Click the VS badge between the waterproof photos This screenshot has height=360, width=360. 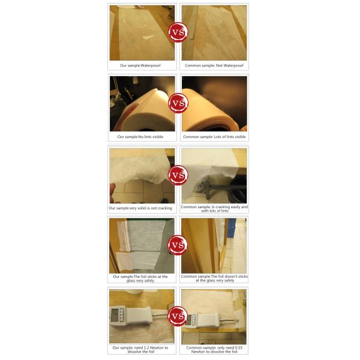coord(178,32)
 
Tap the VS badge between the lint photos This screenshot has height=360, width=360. coord(178,103)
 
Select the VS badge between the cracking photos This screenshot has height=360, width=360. coord(178,175)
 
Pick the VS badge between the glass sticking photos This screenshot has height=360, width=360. coord(178,245)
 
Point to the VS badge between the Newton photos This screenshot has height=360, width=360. coord(178,316)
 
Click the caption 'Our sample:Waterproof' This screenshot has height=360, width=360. coord(140,65)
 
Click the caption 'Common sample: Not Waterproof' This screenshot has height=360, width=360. coord(214,65)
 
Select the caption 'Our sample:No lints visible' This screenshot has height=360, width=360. coord(140,137)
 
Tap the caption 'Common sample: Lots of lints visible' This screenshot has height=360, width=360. coord(214,137)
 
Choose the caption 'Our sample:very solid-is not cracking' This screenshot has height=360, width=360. coord(140,208)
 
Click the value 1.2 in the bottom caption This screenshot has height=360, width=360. coord(146,347)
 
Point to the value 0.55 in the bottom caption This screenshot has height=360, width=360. coord(238,347)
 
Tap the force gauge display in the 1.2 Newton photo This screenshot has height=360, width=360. coord(115,315)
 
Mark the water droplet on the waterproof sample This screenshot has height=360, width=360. coord(148,37)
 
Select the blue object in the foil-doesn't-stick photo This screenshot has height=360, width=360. coord(232,227)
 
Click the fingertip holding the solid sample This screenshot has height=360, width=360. coord(112,193)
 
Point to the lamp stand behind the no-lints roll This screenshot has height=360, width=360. coord(117,92)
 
